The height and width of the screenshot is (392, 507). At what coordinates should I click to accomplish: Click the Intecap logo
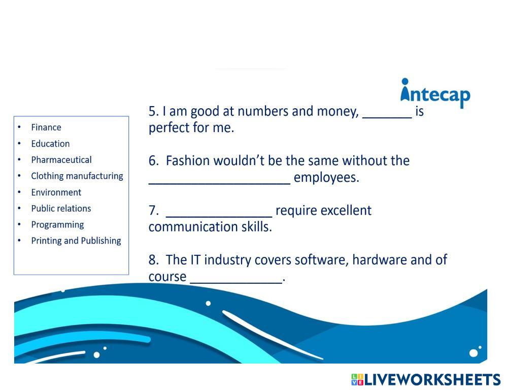coord(435,93)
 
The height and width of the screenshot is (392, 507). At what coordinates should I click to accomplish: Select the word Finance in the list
coord(46,127)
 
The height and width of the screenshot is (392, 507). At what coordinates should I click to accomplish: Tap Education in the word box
coord(50,144)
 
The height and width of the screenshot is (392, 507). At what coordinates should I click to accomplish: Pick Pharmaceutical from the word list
coord(61,160)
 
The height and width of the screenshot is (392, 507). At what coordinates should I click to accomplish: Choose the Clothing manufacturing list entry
coord(77,176)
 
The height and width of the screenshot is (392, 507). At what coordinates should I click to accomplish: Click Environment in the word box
coord(56,192)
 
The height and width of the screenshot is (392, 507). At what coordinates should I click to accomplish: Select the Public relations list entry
coord(61,209)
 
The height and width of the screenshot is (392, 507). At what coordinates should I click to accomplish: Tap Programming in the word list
coord(57,225)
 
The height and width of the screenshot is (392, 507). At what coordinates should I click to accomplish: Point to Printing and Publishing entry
coord(76,241)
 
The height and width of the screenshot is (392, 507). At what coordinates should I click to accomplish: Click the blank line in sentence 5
coord(387,115)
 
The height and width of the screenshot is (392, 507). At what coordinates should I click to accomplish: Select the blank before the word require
coord(219,214)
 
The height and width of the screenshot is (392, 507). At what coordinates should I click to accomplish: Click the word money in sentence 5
coord(337,112)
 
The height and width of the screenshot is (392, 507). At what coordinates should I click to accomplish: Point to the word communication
coord(193,227)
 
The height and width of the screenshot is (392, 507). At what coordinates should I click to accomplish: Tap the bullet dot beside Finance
coord(19,127)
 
